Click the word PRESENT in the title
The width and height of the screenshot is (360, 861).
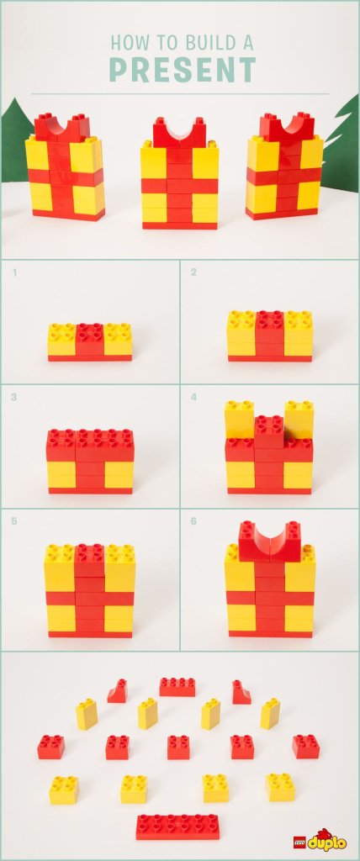pyautogui.click(x=183, y=70)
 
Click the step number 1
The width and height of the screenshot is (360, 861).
pyautogui.click(x=13, y=272)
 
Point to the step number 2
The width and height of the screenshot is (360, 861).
pyautogui.click(x=193, y=272)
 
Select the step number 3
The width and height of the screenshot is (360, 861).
pyautogui.click(x=13, y=397)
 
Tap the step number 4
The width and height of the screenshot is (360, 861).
pyautogui.click(x=193, y=397)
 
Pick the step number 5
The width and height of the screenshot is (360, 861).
pyautogui.click(x=13, y=520)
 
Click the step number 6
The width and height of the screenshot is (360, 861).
pyautogui.click(x=193, y=520)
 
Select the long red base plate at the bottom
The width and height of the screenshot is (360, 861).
pyautogui.click(x=178, y=826)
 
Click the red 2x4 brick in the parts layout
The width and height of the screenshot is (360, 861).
pyautogui.click(x=177, y=686)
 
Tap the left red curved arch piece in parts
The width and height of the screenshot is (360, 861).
pyautogui.click(x=118, y=691)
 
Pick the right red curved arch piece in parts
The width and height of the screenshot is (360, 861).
pyautogui.click(x=241, y=691)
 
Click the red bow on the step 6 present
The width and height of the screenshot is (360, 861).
pyautogui.click(x=270, y=541)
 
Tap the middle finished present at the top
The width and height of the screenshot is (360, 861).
pyautogui.click(x=180, y=173)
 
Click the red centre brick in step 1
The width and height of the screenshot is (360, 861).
pyautogui.click(x=90, y=339)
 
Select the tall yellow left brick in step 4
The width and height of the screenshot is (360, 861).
pyautogui.click(x=240, y=420)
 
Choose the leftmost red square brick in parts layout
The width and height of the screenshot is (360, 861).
pyautogui.click(x=51, y=747)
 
